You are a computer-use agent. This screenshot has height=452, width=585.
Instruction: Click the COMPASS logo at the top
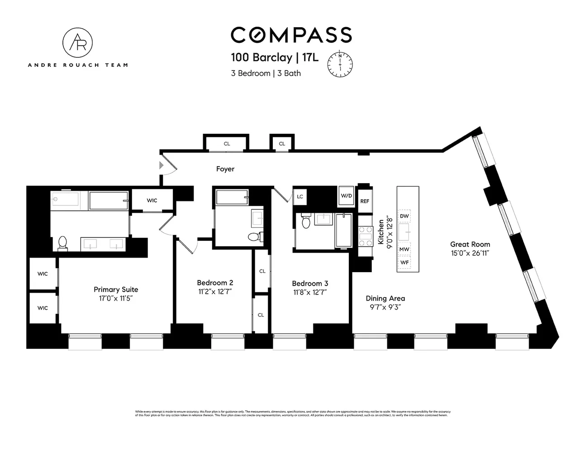tap(291, 35)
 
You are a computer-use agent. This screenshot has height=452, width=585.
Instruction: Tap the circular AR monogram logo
tap(77, 42)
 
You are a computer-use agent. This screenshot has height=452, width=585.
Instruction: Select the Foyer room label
tap(225, 169)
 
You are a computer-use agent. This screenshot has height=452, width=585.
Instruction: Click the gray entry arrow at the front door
tap(162, 166)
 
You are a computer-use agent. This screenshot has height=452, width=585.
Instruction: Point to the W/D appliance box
tap(346, 196)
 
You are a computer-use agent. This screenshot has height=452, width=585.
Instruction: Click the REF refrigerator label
tap(365, 201)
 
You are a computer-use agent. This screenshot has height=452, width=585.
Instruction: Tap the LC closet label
tap(300, 197)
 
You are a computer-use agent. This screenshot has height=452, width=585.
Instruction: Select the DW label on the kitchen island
tap(404, 217)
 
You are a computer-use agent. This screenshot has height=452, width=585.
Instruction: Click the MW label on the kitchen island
tap(404, 249)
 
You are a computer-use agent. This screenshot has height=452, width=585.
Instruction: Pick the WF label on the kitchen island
tap(404, 262)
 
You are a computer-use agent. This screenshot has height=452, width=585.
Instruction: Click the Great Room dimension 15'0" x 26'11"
tap(470, 253)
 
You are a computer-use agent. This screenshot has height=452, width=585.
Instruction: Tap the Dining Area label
tap(385, 298)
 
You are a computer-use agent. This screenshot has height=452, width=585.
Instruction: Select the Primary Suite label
tap(116, 289)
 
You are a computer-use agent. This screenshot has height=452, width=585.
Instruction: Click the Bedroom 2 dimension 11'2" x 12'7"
tap(215, 292)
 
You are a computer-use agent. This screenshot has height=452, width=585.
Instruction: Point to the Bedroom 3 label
tap(310, 283)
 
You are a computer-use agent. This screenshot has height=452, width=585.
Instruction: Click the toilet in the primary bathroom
tap(62, 243)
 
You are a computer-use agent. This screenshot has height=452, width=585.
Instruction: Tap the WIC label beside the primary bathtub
tap(152, 200)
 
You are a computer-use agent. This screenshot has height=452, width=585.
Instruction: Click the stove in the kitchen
tap(365, 236)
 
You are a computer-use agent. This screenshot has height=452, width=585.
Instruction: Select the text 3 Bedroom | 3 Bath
tap(266, 73)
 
